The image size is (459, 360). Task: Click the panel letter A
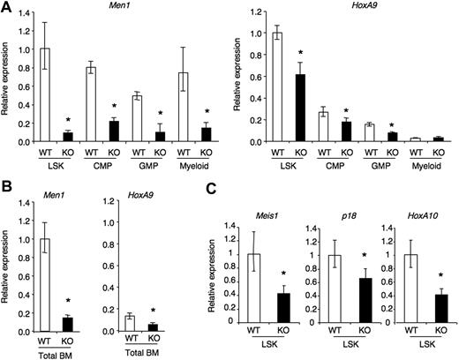click(x=7, y=7)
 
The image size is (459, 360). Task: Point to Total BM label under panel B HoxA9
click(x=141, y=352)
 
